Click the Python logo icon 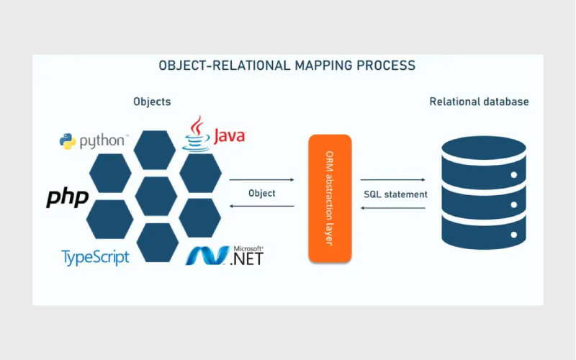click(68, 141)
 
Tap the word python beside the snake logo click(103, 140)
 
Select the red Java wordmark click(229, 135)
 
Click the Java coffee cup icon click(196, 133)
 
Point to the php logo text click(68, 197)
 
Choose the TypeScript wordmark click(95, 257)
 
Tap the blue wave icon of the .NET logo click(207, 256)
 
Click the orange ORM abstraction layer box click(329, 198)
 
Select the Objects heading click(152, 102)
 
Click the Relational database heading click(479, 102)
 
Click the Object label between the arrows click(261, 194)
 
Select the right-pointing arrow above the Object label click(261, 179)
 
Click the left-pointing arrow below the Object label click(261, 207)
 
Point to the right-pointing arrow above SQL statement click(392, 180)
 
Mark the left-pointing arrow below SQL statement click(392, 208)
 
